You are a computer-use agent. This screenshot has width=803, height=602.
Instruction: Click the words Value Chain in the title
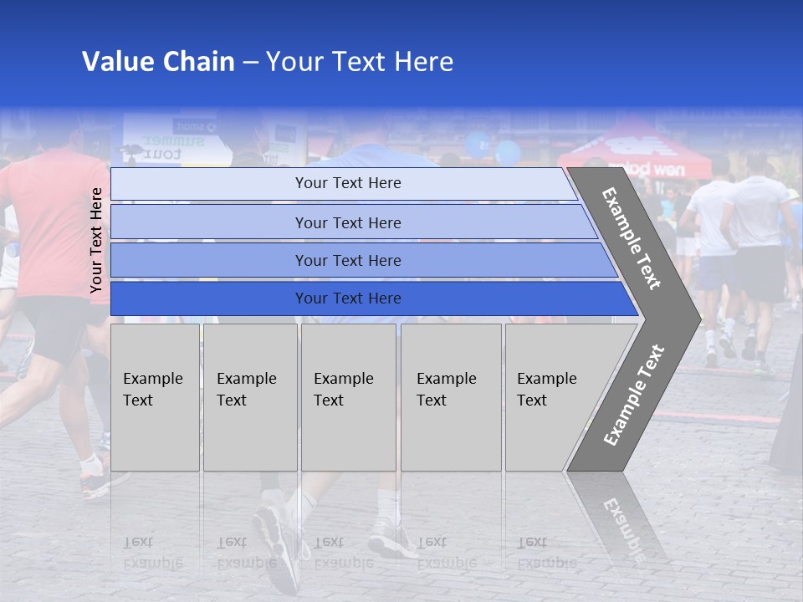(158, 62)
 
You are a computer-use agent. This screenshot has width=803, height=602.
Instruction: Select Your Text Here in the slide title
(360, 62)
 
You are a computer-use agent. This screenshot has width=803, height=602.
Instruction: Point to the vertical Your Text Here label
(96, 240)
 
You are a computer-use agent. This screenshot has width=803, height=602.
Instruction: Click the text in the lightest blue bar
(348, 183)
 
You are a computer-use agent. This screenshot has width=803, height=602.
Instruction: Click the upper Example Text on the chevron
(632, 238)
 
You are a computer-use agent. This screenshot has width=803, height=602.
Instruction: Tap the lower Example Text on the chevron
(634, 395)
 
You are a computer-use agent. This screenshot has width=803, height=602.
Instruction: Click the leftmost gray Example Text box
(155, 397)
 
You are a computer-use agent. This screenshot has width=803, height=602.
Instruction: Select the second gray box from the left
(249, 397)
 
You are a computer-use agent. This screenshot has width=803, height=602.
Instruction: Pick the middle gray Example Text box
(348, 397)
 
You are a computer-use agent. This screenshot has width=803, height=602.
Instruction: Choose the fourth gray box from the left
(450, 397)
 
